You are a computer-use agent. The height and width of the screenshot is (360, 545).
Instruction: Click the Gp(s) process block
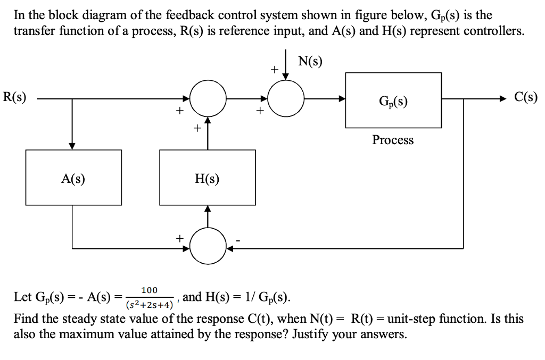(393, 100)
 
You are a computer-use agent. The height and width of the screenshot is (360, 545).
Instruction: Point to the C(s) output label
(526, 97)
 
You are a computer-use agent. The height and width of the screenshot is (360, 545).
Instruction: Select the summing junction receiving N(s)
(286, 98)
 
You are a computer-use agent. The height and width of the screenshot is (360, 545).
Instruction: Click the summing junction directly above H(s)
(208, 98)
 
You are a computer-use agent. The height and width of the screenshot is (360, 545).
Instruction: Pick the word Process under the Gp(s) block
(393, 140)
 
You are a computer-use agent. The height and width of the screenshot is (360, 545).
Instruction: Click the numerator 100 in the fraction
(149, 290)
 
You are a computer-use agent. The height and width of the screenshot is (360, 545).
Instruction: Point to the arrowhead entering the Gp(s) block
(342, 98)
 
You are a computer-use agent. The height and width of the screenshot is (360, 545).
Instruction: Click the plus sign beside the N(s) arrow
(274, 69)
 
